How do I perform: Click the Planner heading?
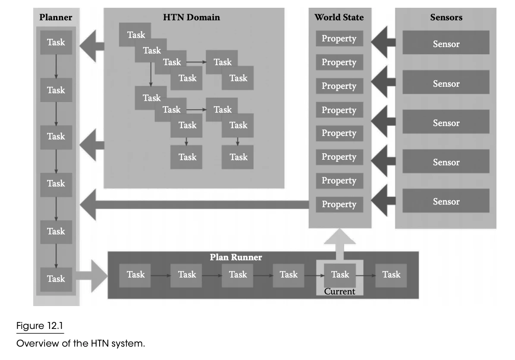tap(56, 17)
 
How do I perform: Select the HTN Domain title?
tap(192, 17)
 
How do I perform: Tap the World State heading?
tap(339, 17)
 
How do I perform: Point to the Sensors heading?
tap(446, 17)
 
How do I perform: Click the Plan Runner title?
tap(236, 257)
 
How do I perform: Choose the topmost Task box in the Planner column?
tap(56, 42)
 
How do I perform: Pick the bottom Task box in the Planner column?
tap(56, 279)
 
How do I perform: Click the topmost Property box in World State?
tap(339, 38)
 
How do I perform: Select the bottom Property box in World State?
tap(339, 205)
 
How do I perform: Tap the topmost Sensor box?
tap(446, 42)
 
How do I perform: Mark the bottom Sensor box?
tap(446, 201)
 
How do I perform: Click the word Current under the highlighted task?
tap(339, 291)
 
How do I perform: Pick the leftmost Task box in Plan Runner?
tap(135, 275)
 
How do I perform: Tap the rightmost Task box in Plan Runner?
tap(391, 275)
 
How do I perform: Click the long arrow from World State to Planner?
tap(195, 205)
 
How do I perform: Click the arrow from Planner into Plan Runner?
tap(91, 276)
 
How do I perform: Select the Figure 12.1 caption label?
tap(39, 326)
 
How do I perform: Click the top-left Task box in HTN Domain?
tap(135, 35)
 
